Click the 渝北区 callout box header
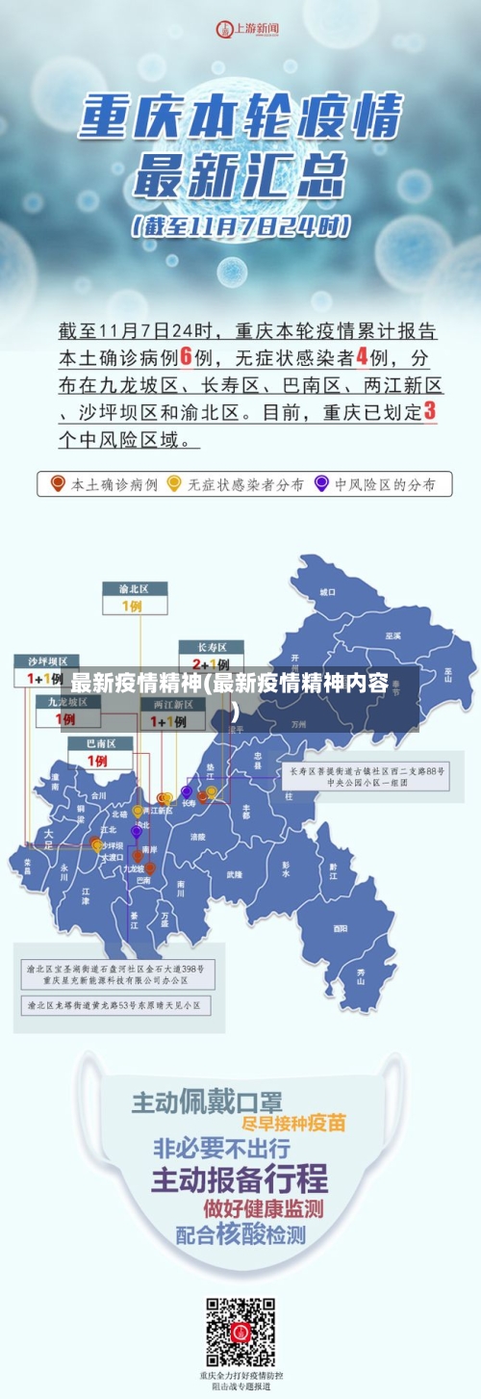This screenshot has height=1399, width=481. click(x=134, y=588)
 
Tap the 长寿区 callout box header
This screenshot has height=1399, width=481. click(x=211, y=646)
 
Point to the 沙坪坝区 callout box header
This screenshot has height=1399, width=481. click(x=46, y=661)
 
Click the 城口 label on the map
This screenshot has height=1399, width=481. click(x=328, y=591)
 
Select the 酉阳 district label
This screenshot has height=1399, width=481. click(x=340, y=928)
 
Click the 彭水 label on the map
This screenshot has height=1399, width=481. click(x=286, y=868)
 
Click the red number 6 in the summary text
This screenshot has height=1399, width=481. click(x=188, y=356)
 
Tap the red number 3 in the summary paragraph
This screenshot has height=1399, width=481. click(x=429, y=411)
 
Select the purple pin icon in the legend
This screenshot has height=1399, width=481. click(x=321, y=483)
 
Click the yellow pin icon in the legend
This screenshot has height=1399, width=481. click(x=174, y=483)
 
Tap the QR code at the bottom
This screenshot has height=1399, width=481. click(x=240, y=1333)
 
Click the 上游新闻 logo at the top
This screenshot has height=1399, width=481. click(x=247, y=29)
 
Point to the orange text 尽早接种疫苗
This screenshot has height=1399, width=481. click(x=293, y=1123)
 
